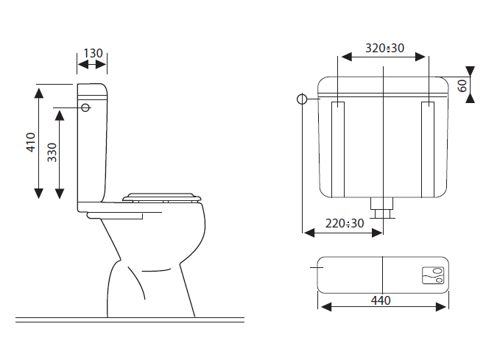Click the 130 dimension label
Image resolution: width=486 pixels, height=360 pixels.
coord(93,53)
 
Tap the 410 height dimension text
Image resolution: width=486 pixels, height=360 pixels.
coord(31,142)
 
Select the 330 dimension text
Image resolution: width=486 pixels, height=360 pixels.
coord(52,152)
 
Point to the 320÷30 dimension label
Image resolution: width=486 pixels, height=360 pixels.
coord(384,48)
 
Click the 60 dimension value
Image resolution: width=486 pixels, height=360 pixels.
coord(462,86)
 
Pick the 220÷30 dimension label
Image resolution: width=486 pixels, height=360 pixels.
coord(345,223)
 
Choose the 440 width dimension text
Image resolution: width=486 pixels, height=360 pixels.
coord(381,300)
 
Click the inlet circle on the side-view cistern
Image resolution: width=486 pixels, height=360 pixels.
coord(85,107)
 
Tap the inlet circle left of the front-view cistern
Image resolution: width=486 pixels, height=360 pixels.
coord(302,99)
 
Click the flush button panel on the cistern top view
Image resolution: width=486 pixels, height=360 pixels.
coord(433,275)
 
